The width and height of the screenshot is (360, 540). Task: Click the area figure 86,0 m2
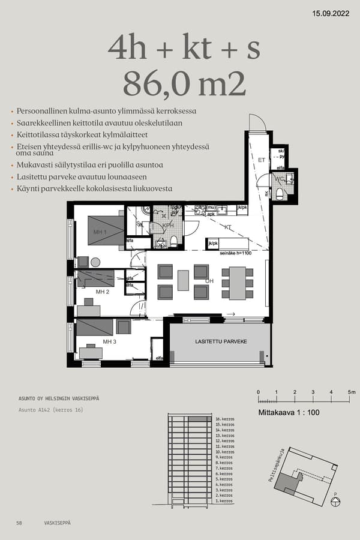point(184,84)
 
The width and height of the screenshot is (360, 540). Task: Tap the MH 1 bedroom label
point(100,232)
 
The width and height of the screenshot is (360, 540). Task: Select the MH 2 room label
point(102,292)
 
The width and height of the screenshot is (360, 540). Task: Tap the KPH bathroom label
point(159,226)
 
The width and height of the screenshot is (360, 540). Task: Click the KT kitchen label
point(228,227)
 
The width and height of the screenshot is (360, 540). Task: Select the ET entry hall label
point(262,160)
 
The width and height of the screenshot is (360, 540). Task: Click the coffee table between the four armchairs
point(183,280)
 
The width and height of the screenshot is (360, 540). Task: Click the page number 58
point(19,523)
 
